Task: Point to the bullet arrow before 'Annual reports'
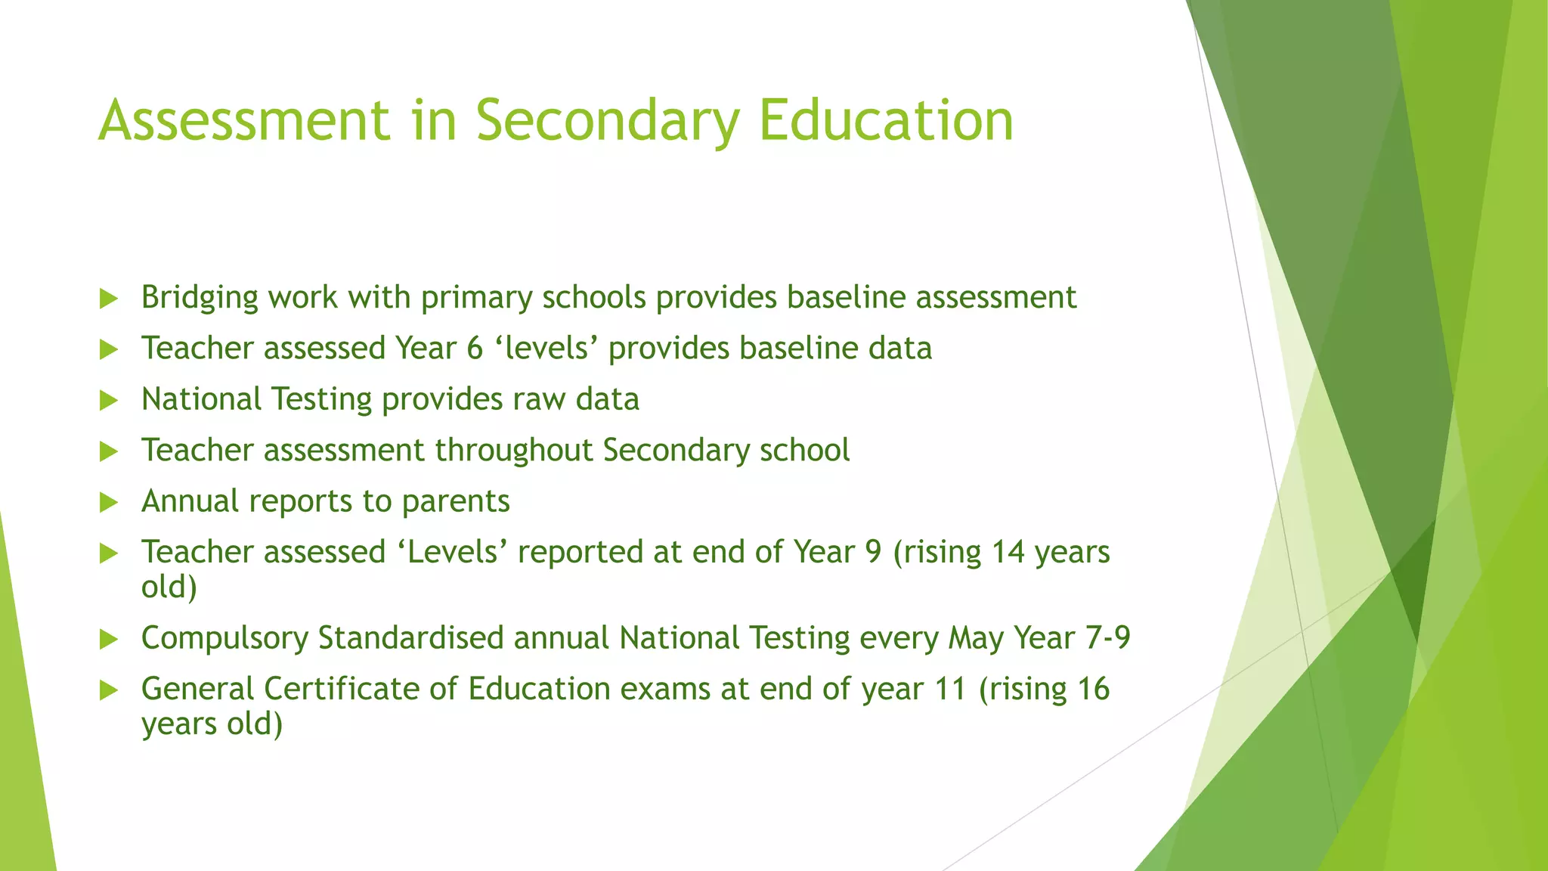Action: point(110,503)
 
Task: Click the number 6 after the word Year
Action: point(475,349)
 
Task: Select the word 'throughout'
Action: point(513,451)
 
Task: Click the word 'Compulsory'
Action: point(224,639)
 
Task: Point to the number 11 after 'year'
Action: point(950,689)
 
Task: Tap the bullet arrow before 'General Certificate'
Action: point(110,690)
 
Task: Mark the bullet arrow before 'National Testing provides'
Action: point(110,401)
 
